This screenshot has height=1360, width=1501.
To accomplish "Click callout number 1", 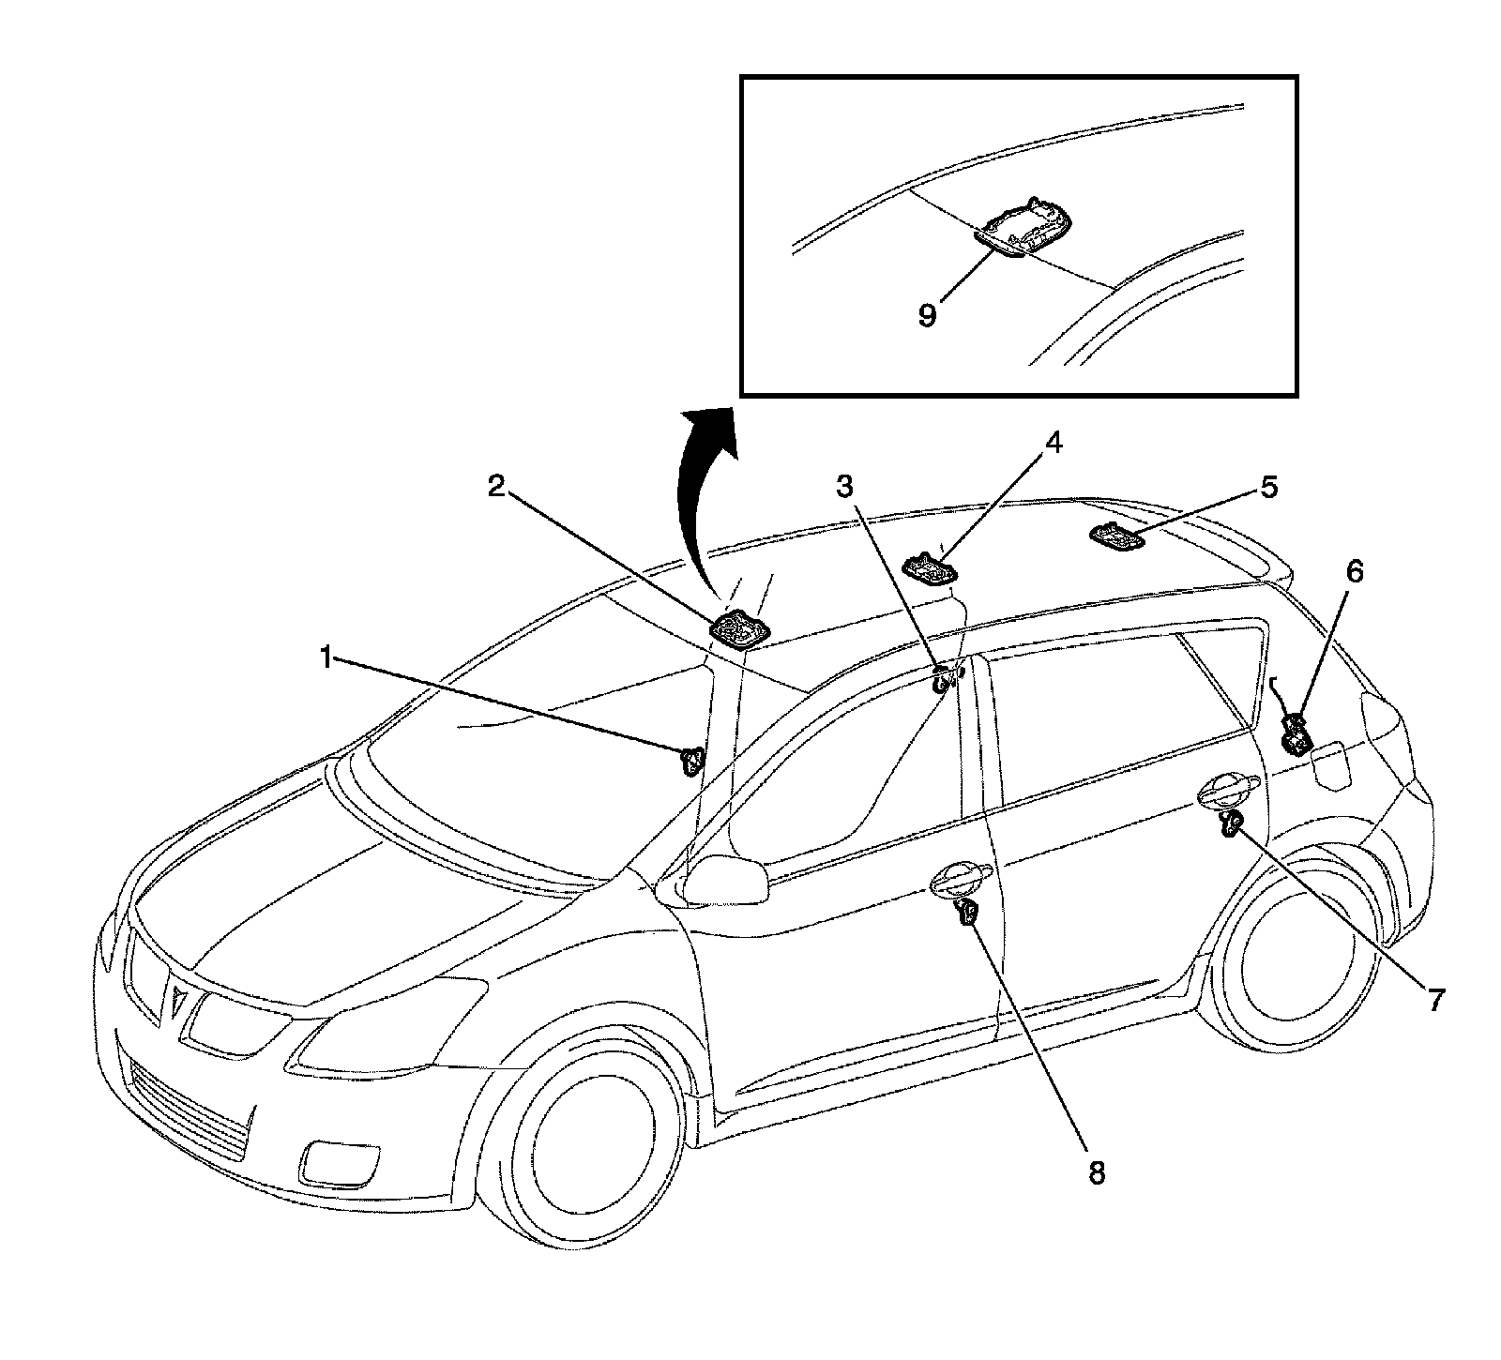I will coord(326,659).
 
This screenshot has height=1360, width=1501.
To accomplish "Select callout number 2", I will coord(496,486).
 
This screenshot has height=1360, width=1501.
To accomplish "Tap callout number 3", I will coord(845,486).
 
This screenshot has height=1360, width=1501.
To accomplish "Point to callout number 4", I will coord(1054,442).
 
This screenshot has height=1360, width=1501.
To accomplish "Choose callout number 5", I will coord(1268,488).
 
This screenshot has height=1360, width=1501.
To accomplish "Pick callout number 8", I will coord(1096,1172).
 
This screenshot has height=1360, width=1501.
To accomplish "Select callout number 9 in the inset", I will coord(927,314).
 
